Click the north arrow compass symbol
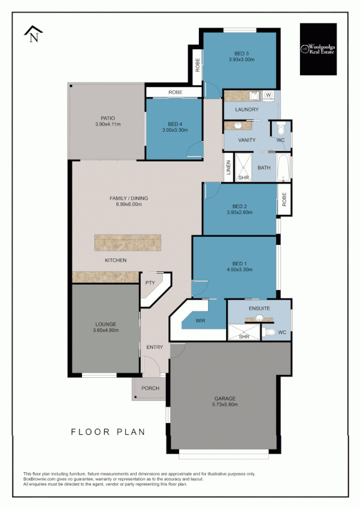34,35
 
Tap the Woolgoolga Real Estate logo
318,49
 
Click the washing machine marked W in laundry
268,94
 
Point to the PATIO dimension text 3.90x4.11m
107,124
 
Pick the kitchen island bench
127,243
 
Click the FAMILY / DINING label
128,198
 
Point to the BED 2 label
240,206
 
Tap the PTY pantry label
150,282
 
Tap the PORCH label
150,389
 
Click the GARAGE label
225,398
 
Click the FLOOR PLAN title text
108,432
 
